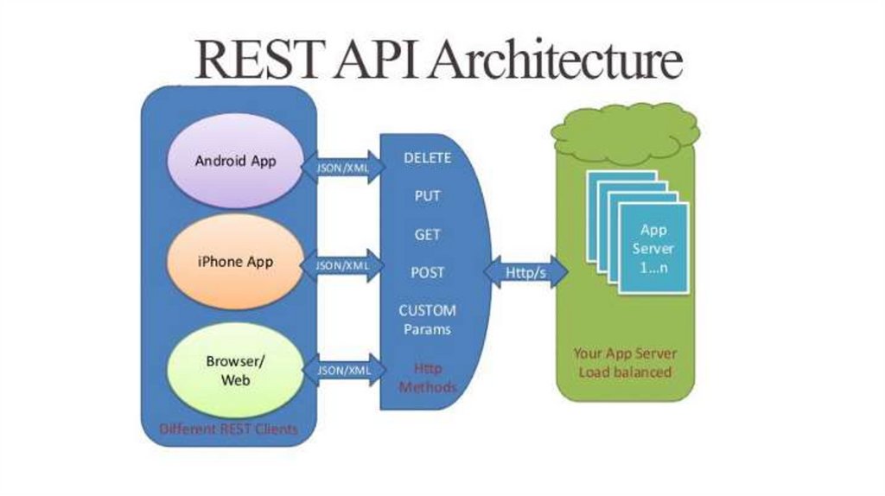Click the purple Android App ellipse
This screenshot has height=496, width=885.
coord(235,162)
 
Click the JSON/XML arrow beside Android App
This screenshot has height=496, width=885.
coord(341,168)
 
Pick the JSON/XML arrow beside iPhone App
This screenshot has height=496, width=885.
coord(341,265)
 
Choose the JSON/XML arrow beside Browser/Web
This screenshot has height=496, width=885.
coord(341,370)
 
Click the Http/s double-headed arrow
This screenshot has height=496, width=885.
coord(526,273)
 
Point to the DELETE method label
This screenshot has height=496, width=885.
coord(427,158)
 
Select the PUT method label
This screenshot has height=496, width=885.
coord(427,196)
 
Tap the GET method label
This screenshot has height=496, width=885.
coord(427,234)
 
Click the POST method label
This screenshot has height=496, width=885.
coord(427,272)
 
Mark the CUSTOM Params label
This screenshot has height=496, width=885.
coord(427,320)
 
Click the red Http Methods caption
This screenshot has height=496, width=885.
coord(427,378)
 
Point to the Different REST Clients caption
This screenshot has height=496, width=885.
coord(228,429)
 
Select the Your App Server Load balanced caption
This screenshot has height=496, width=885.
coord(626,363)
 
